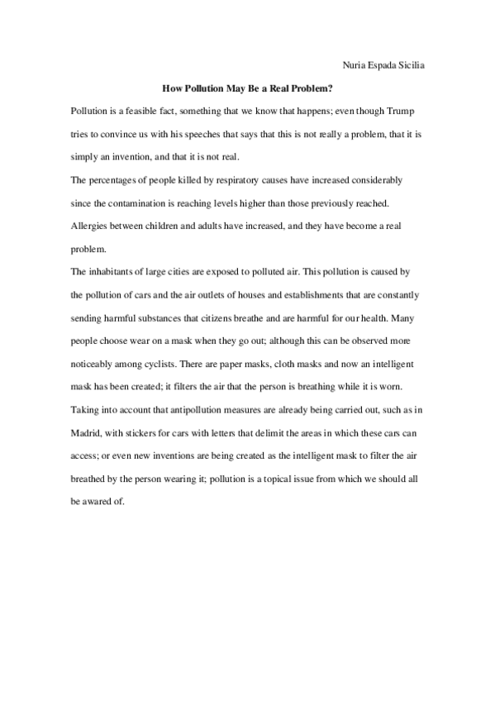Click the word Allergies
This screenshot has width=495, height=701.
(91, 225)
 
